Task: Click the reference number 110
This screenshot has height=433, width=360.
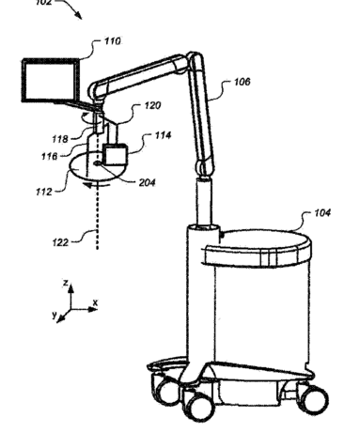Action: [112, 41]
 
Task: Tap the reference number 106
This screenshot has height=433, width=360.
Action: [243, 82]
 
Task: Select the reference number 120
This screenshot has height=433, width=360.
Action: [152, 105]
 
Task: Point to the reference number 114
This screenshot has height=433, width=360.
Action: [164, 135]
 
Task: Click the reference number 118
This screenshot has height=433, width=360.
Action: [60, 139]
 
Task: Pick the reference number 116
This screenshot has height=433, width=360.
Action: [50, 156]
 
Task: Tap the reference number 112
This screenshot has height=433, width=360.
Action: [44, 192]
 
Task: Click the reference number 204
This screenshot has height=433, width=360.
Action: [147, 182]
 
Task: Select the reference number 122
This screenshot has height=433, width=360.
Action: [60, 242]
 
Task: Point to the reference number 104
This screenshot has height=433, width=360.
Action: [322, 213]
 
